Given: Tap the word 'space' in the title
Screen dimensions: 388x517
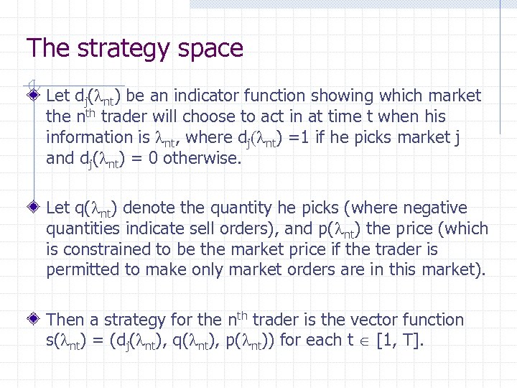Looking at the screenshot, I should (210, 50).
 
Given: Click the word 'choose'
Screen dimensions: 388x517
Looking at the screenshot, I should (209, 116).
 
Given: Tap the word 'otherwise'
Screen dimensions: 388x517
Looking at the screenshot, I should (202, 158).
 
